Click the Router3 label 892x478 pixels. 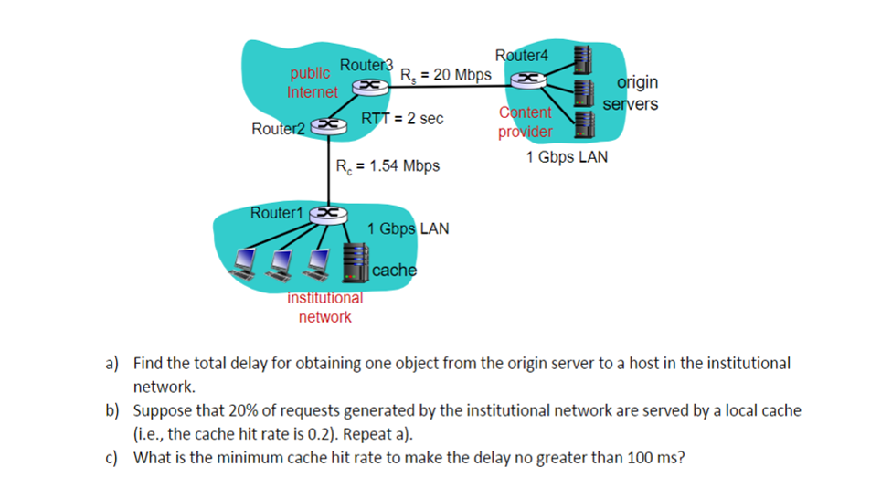(x=366, y=65)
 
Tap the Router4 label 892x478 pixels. (x=521, y=56)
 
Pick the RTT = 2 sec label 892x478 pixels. (x=402, y=119)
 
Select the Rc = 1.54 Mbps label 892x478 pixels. (x=388, y=165)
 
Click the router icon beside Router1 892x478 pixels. (x=326, y=213)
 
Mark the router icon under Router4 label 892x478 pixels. (x=529, y=80)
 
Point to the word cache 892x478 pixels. (x=395, y=271)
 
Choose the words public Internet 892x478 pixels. (x=312, y=82)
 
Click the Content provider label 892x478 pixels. (x=526, y=122)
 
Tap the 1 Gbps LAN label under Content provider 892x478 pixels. (x=566, y=157)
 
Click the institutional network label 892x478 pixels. (x=324, y=307)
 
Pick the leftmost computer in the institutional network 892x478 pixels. (x=244, y=262)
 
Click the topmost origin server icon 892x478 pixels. (x=580, y=58)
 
